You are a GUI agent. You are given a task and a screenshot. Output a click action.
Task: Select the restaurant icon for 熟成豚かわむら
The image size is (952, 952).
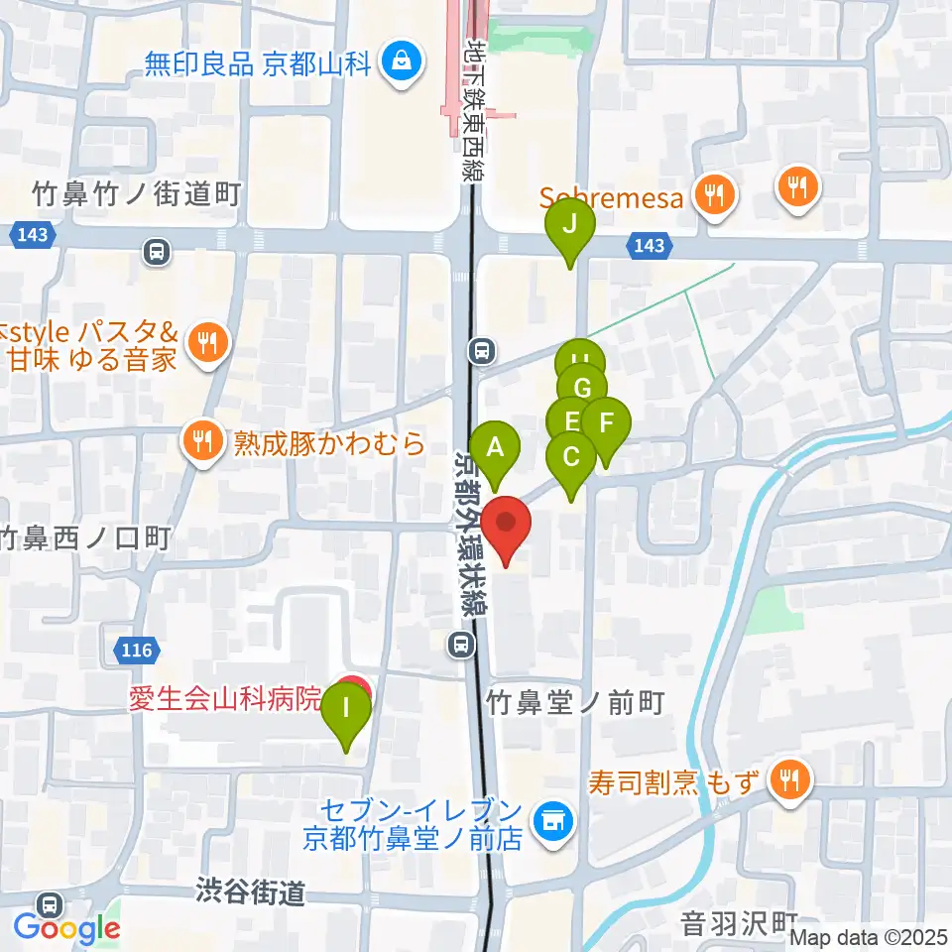point(203,440)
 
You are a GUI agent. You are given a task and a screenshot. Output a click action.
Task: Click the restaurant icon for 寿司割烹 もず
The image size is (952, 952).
point(789,779)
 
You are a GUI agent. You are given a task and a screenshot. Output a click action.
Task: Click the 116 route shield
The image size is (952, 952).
point(137,651)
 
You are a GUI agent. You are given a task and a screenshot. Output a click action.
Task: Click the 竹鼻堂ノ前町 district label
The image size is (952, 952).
point(574,703)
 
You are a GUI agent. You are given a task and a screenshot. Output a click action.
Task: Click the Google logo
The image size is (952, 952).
point(67,929)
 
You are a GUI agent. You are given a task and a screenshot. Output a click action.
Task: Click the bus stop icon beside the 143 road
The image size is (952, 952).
point(156,253)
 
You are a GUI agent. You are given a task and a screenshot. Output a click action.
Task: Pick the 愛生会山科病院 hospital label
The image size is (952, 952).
point(225,699)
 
